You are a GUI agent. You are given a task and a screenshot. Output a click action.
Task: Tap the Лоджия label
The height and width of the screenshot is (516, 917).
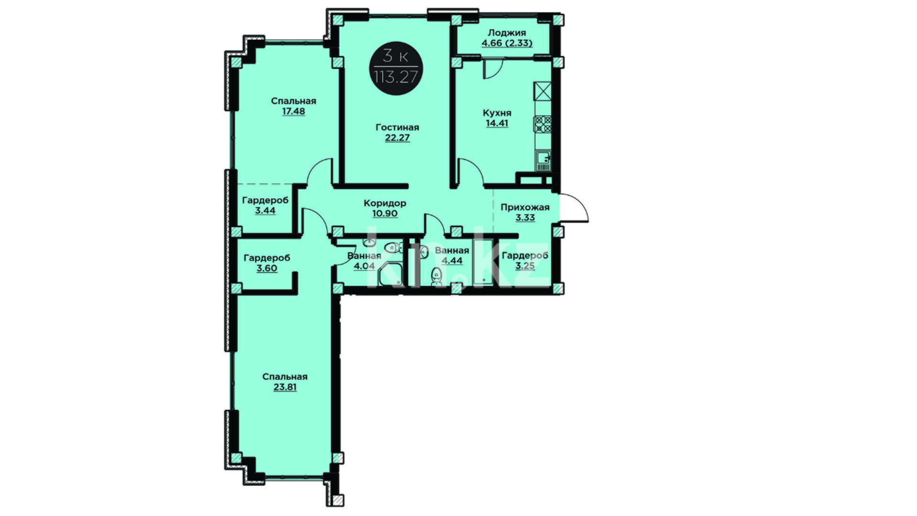[x=507, y=33]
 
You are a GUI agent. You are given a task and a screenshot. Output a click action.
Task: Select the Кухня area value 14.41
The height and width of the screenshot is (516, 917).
[x=497, y=123]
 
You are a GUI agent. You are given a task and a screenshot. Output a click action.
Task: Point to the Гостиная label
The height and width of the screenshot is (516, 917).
[x=397, y=128]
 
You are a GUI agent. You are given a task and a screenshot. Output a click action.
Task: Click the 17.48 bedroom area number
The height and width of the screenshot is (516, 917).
[x=293, y=111]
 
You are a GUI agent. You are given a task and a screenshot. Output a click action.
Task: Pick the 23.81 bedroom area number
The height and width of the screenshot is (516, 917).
[x=285, y=387]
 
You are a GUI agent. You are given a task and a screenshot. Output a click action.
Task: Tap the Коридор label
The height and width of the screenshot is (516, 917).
[x=385, y=203]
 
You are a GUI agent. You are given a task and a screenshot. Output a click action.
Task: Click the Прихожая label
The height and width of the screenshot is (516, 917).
[x=525, y=207]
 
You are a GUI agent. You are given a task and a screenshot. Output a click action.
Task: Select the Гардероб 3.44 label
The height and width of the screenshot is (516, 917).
[x=265, y=205]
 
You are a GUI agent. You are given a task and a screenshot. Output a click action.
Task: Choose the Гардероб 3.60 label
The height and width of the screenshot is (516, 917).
[x=267, y=263]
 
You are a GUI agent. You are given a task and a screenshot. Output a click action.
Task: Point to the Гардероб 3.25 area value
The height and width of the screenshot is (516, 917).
[x=525, y=266]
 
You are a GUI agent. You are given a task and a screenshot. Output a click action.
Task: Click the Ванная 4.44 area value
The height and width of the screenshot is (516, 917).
[x=452, y=261]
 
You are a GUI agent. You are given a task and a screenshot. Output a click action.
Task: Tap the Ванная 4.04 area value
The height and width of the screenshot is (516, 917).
[x=364, y=266]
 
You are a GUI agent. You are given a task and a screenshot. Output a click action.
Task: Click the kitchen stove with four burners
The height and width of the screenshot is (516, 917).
[x=543, y=124]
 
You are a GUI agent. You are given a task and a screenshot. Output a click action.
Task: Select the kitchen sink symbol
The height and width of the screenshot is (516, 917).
[x=544, y=161]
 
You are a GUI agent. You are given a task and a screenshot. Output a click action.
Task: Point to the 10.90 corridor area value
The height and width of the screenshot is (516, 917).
[x=385, y=214]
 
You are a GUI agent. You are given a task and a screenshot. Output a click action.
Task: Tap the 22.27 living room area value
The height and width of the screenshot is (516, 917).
[x=397, y=138]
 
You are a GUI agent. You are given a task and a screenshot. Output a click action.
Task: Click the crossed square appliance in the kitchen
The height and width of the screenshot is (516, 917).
[x=543, y=91]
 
